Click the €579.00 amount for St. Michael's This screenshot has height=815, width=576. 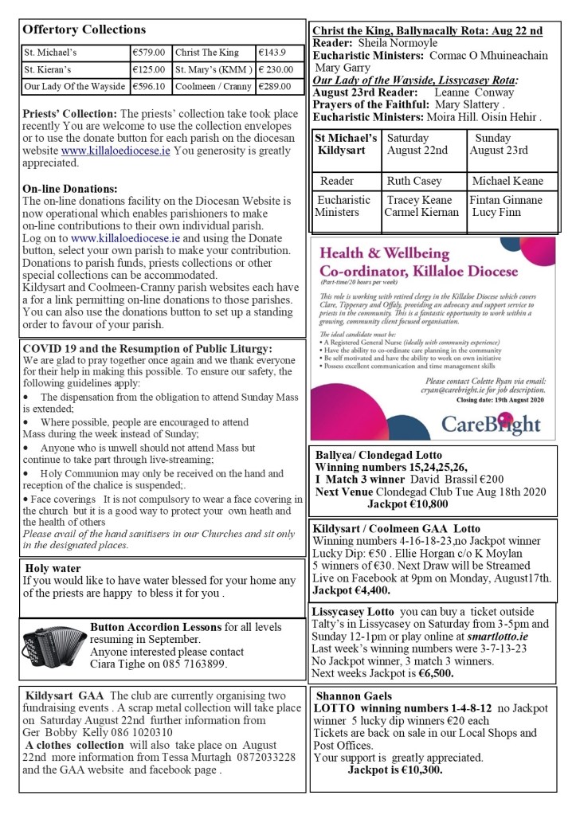point(149,53)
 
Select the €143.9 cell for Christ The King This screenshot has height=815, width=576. point(272,53)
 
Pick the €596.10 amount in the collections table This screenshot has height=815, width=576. point(149,86)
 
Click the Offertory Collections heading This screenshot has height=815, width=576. point(84,29)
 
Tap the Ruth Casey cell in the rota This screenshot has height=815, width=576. point(411,181)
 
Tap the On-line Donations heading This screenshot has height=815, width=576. point(70,189)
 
